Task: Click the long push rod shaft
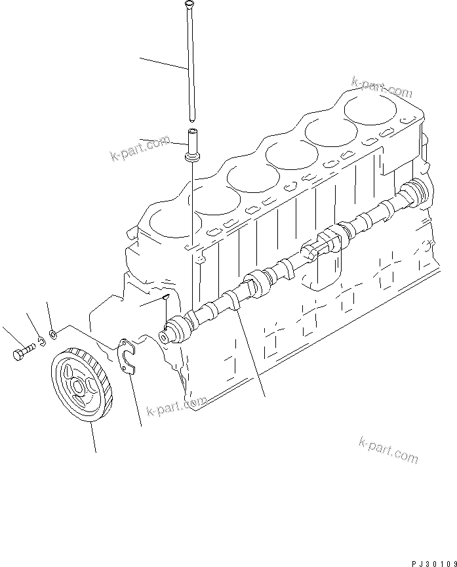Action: click(x=191, y=66)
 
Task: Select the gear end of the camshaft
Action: click(x=172, y=330)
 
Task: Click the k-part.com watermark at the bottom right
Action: click(x=388, y=450)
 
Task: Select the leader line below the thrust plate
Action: click(x=136, y=404)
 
